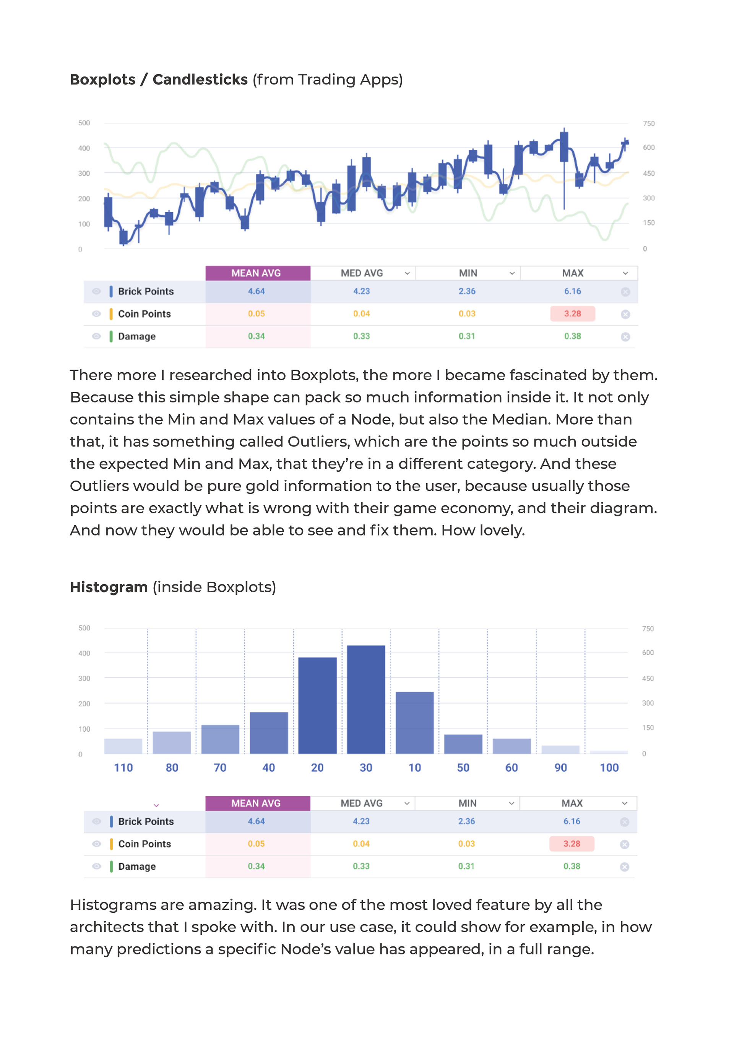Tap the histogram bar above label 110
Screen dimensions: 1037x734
123,746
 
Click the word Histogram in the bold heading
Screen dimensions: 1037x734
109,587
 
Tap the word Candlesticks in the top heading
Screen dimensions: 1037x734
200,80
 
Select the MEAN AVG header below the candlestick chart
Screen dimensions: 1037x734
256,273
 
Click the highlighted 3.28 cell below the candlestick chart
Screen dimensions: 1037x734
572,313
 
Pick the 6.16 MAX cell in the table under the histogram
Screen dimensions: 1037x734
572,821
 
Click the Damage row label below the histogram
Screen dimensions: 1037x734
136,866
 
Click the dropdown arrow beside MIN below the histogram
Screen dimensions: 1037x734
512,803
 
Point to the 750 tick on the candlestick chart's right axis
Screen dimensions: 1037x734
649,123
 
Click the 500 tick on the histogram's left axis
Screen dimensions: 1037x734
84,628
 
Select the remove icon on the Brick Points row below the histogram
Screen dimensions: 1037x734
625,821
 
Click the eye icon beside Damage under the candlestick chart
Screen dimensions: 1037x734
96,336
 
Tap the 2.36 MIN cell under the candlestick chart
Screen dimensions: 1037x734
467,291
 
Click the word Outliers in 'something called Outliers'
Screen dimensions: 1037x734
318,441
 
